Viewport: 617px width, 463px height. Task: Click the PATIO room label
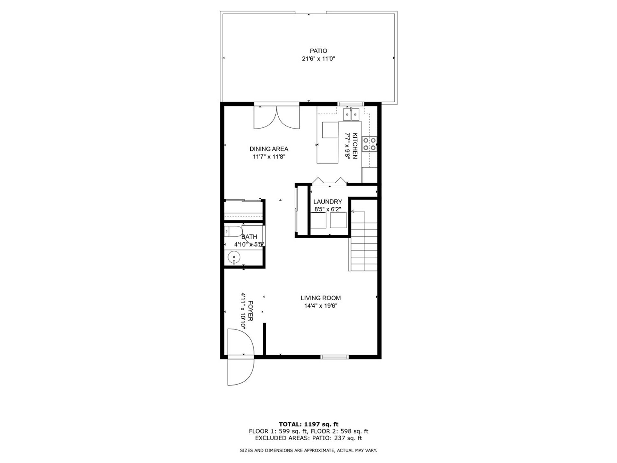[x=318, y=51]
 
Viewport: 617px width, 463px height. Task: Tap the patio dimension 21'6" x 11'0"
[x=318, y=59]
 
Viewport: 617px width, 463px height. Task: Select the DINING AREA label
[x=269, y=149]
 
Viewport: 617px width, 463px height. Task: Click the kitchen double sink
[x=351, y=114]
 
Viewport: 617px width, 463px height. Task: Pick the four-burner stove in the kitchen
[x=369, y=144]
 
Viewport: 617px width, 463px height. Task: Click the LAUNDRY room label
[x=327, y=202]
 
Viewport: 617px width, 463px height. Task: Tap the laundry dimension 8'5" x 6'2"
[x=327, y=209]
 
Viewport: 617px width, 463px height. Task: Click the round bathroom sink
[x=234, y=257]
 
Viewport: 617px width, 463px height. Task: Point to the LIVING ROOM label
[x=320, y=298]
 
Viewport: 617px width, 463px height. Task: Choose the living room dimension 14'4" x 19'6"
[x=320, y=306]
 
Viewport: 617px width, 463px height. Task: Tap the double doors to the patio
[x=276, y=117]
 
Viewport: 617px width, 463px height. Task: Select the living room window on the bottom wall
[x=335, y=357]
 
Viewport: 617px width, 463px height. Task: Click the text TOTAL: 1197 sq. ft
[x=308, y=424]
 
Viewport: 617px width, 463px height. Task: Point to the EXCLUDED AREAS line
[x=308, y=438]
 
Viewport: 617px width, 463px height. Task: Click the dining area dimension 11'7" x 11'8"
[x=269, y=157]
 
